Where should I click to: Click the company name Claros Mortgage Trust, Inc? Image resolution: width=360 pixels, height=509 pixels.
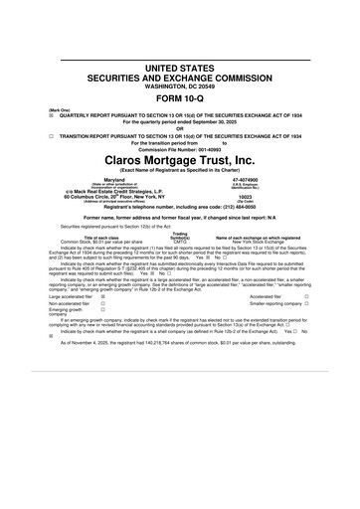pos(179,158)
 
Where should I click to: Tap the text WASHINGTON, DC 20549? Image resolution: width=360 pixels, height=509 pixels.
pos(179,85)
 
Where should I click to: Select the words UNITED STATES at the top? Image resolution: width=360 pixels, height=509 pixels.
pos(179,64)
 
